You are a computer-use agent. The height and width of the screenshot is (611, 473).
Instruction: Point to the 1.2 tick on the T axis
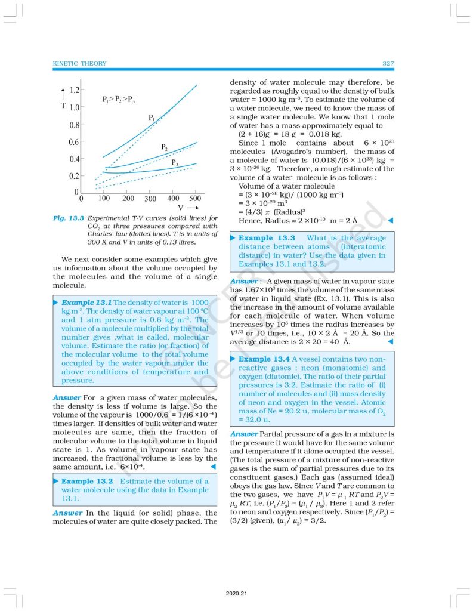[75, 91]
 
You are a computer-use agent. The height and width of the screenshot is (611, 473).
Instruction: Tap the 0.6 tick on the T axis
[75, 142]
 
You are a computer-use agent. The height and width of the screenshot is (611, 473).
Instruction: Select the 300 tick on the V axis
[150, 199]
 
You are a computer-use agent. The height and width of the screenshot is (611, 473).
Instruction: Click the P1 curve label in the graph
[152, 118]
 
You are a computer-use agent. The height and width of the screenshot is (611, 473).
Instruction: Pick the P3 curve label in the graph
[175, 162]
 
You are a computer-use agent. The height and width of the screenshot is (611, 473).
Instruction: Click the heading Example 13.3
[264, 238]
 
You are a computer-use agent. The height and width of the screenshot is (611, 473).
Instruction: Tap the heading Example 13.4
[264, 359]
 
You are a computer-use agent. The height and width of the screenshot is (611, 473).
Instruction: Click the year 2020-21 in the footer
[236, 594]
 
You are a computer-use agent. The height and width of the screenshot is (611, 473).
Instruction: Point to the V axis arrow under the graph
[192, 208]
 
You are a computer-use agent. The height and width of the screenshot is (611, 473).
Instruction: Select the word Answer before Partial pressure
[244, 434]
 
